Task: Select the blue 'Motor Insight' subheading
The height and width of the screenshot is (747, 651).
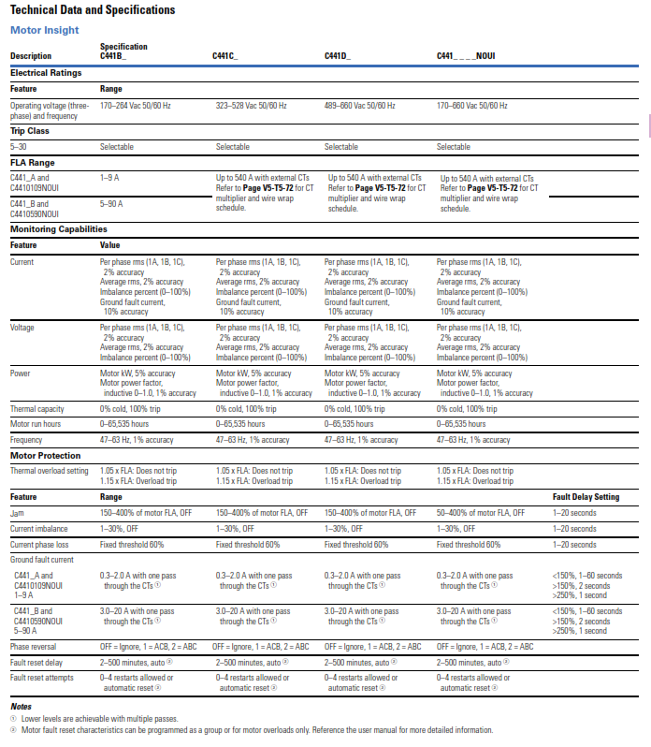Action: tap(44, 30)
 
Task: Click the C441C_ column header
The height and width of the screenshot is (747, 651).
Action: tap(225, 56)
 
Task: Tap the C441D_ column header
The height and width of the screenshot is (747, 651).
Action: tap(338, 56)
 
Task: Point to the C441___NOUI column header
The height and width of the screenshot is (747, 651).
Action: tap(466, 56)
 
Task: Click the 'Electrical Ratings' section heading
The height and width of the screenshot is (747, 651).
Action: tap(46, 72)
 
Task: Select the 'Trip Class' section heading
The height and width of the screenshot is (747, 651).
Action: tap(30, 131)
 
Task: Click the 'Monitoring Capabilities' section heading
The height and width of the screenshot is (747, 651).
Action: tap(59, 229)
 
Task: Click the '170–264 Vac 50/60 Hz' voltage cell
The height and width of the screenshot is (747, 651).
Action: tap(136, 106)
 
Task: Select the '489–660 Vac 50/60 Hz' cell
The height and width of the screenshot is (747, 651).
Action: tap(360, 106)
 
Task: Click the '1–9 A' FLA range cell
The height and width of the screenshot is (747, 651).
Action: tap(108, 176)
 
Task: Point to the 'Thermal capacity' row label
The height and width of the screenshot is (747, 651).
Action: tap(37, 409)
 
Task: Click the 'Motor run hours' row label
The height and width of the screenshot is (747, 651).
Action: tap(36, 424)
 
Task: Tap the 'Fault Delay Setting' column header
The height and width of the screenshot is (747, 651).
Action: tap(586, 497)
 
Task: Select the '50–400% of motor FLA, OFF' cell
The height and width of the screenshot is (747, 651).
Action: tap(481, 513)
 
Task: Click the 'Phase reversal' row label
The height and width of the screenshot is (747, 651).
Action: tap(34, 647)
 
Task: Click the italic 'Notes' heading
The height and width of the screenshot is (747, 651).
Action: tap(21, 706)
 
